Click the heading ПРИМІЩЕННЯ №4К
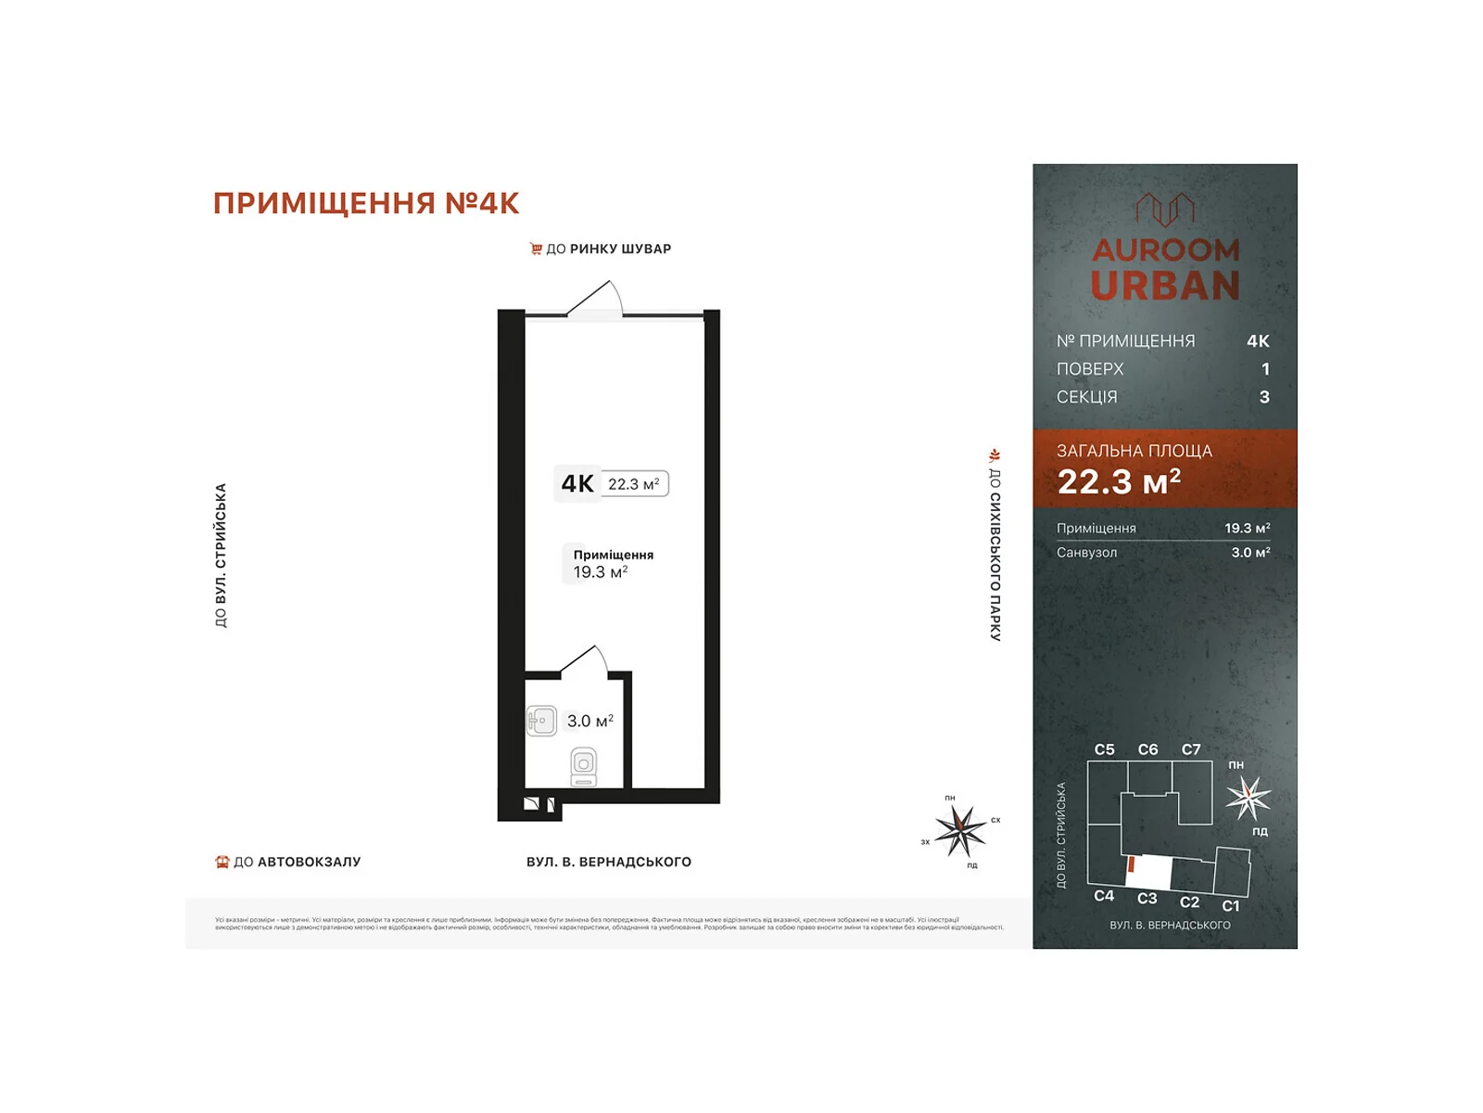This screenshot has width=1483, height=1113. (366, 203)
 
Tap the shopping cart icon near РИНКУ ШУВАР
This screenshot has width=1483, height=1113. (536, 249)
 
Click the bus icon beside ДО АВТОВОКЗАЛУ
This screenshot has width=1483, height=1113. (222, 862)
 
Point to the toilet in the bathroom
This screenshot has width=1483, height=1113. (584, 767)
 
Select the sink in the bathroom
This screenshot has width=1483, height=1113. (541, 721)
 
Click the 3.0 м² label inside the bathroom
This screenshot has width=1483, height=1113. (590, 721)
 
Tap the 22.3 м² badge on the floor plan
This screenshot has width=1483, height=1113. (634, 484)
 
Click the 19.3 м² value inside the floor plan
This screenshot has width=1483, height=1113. (600, 572)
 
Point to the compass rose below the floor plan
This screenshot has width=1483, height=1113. (960, 829)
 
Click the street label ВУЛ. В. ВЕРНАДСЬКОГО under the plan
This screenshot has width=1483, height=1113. (608, 862)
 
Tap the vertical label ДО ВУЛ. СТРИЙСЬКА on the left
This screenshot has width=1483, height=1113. (221, 555)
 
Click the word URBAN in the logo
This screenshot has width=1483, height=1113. (1165, 286)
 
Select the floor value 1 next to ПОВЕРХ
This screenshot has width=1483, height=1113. (1264, 369)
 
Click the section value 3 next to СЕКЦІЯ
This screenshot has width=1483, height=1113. (1264, 397)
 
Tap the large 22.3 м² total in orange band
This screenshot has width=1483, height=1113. (1119, 481)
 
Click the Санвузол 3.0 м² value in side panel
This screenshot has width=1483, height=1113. (1249, 553)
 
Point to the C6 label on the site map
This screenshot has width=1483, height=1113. (1147, 749)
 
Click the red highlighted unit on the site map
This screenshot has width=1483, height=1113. (1132, 864)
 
